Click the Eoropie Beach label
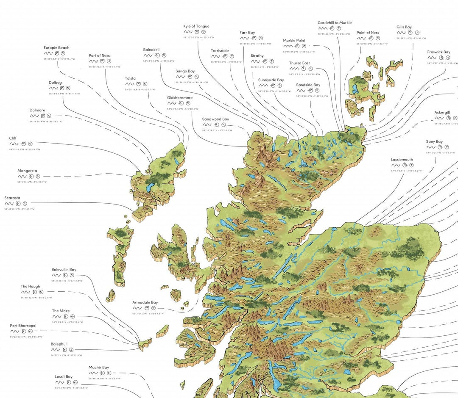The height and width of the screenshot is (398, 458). coord(56,48)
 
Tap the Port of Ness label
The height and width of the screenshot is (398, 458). coord(99,55)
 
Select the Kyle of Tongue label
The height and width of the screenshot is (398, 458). coord(196,26)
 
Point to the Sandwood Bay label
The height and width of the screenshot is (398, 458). coord(215,119)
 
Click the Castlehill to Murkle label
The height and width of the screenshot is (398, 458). coord(335,23)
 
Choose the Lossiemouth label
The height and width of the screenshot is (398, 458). coord(402,160)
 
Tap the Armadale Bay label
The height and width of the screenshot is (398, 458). coord(145,302)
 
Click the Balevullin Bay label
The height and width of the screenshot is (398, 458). coord(64,270)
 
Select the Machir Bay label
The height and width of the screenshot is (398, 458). coord(99,368)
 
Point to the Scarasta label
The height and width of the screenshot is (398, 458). coord(12,198)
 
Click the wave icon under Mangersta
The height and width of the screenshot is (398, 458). coord(22,177)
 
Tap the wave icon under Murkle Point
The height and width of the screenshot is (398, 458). coord(288,46)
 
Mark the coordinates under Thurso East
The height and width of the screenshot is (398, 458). coord(304,74)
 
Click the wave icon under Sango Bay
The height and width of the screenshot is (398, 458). coord(180,77)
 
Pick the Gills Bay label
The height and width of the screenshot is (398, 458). coord(404,27)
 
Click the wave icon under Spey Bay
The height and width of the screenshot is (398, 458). coord(430,147)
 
